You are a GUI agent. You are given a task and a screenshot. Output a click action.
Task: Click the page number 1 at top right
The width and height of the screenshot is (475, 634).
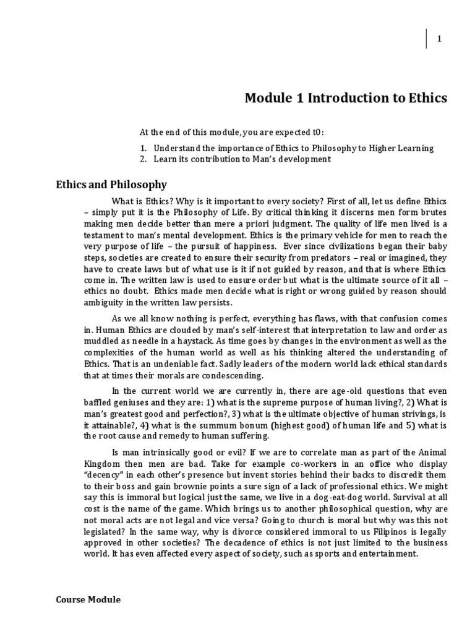[439, 39]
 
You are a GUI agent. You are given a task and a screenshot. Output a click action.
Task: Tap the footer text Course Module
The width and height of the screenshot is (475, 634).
[88, 599]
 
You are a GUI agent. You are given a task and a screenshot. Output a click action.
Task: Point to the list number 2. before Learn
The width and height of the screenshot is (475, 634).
[142, 159]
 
